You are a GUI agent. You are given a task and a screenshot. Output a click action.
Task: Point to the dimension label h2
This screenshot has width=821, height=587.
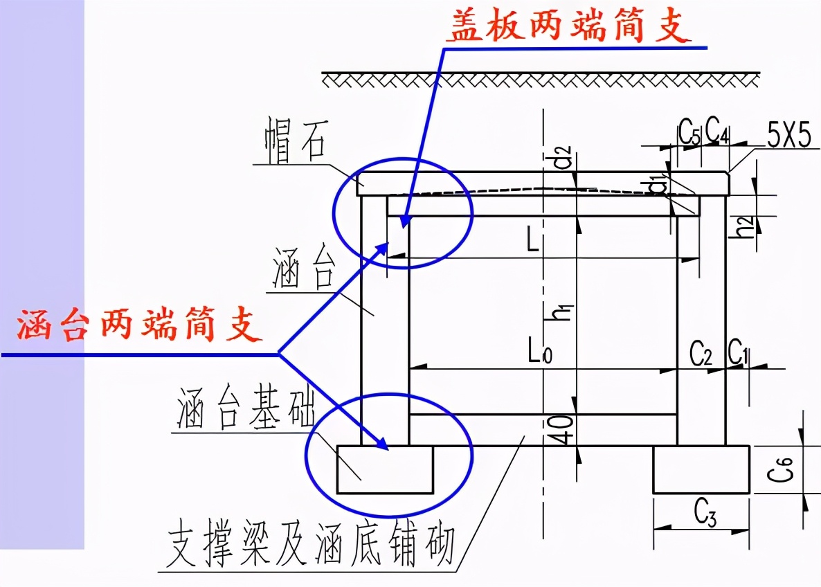(744, 226)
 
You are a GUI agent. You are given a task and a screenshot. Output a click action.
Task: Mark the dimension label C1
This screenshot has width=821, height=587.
(739, 354)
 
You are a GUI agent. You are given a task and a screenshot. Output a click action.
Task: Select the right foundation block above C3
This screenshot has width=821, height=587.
(701, 469)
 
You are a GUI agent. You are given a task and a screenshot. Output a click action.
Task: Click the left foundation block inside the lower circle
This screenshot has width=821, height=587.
(384, 469)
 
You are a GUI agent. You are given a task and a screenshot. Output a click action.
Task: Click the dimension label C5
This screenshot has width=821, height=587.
(689, 131)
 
